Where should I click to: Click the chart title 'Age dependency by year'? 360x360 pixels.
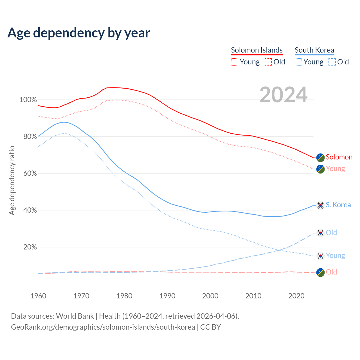pyautogui.click(x=79, y=33)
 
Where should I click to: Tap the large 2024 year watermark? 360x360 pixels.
pyautogui.click(x=283, y=95)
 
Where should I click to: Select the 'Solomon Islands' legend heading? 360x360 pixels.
pyautogui.click(x=256, y=50)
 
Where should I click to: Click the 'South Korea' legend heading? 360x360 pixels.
pyautogui.click(x=314, y=50)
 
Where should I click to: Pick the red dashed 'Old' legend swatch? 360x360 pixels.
pyautogui.click(x=268, y=62)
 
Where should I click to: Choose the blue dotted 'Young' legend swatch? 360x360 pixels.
pyautogui.click(x=298, y=62)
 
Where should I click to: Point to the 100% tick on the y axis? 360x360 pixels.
pyautogui.click(x=28, y=100)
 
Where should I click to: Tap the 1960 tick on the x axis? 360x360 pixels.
pyautogui.click(x=38, y=296)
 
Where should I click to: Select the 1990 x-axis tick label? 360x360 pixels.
pyautogui.click(x=167, y=296)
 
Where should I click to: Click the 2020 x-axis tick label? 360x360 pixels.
pyautogui.click(x=296, y=296)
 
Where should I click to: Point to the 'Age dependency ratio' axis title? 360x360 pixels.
pyautogui.click(x=12, y=180)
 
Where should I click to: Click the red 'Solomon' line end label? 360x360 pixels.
pyautogui.click(x=339, y=157)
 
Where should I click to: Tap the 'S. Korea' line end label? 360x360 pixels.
pyautogui.click(x=338, y=205)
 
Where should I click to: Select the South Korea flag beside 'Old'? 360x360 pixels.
pyautogui.click(x=320, y=233)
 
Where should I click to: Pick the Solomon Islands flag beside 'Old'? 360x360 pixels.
pyautogui.click(x=320, y=272)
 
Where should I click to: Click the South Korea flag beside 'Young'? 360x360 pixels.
pyautogui.click(x=320, y=256)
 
